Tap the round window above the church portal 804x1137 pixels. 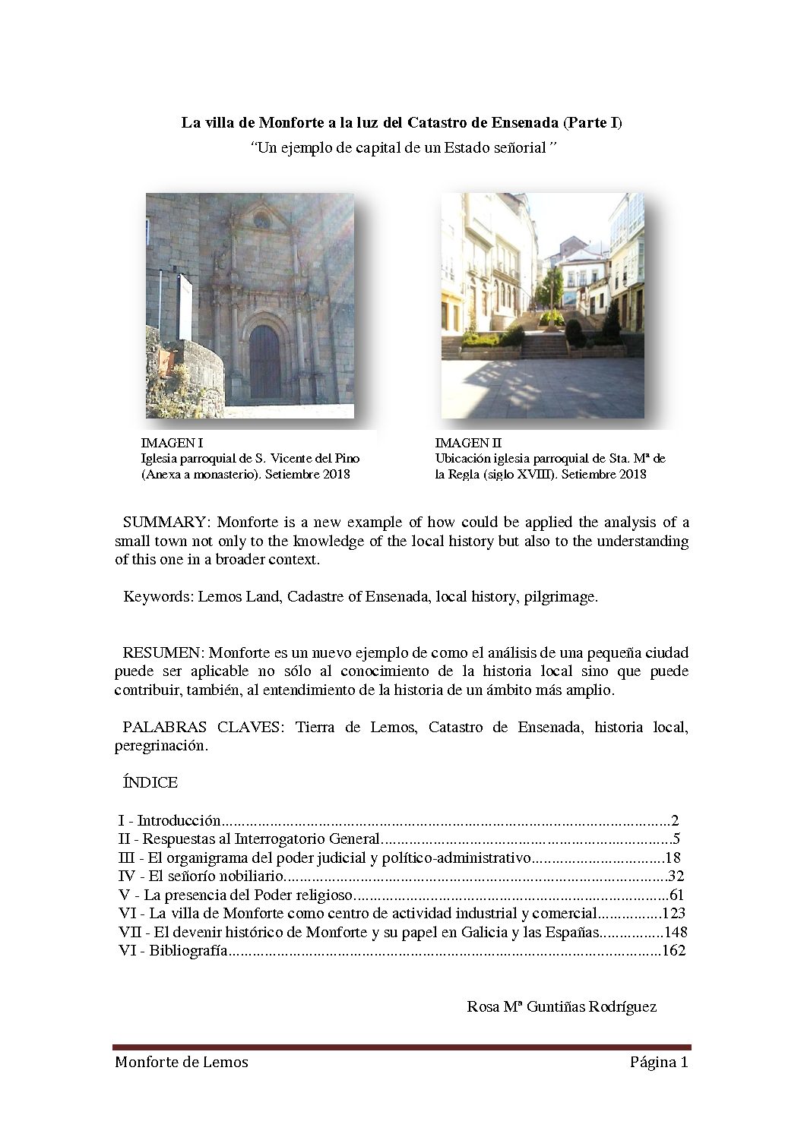(261, 221)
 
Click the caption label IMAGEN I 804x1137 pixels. (172, 443)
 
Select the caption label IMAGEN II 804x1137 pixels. (468, 443)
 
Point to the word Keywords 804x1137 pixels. (157, 597)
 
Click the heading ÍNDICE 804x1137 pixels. (150, 782)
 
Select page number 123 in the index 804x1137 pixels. (674, 914)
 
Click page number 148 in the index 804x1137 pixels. (674, 933)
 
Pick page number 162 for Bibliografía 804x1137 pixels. (674, 951)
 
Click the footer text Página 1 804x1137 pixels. (658, 1063)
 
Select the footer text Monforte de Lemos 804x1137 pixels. (182, 1063)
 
